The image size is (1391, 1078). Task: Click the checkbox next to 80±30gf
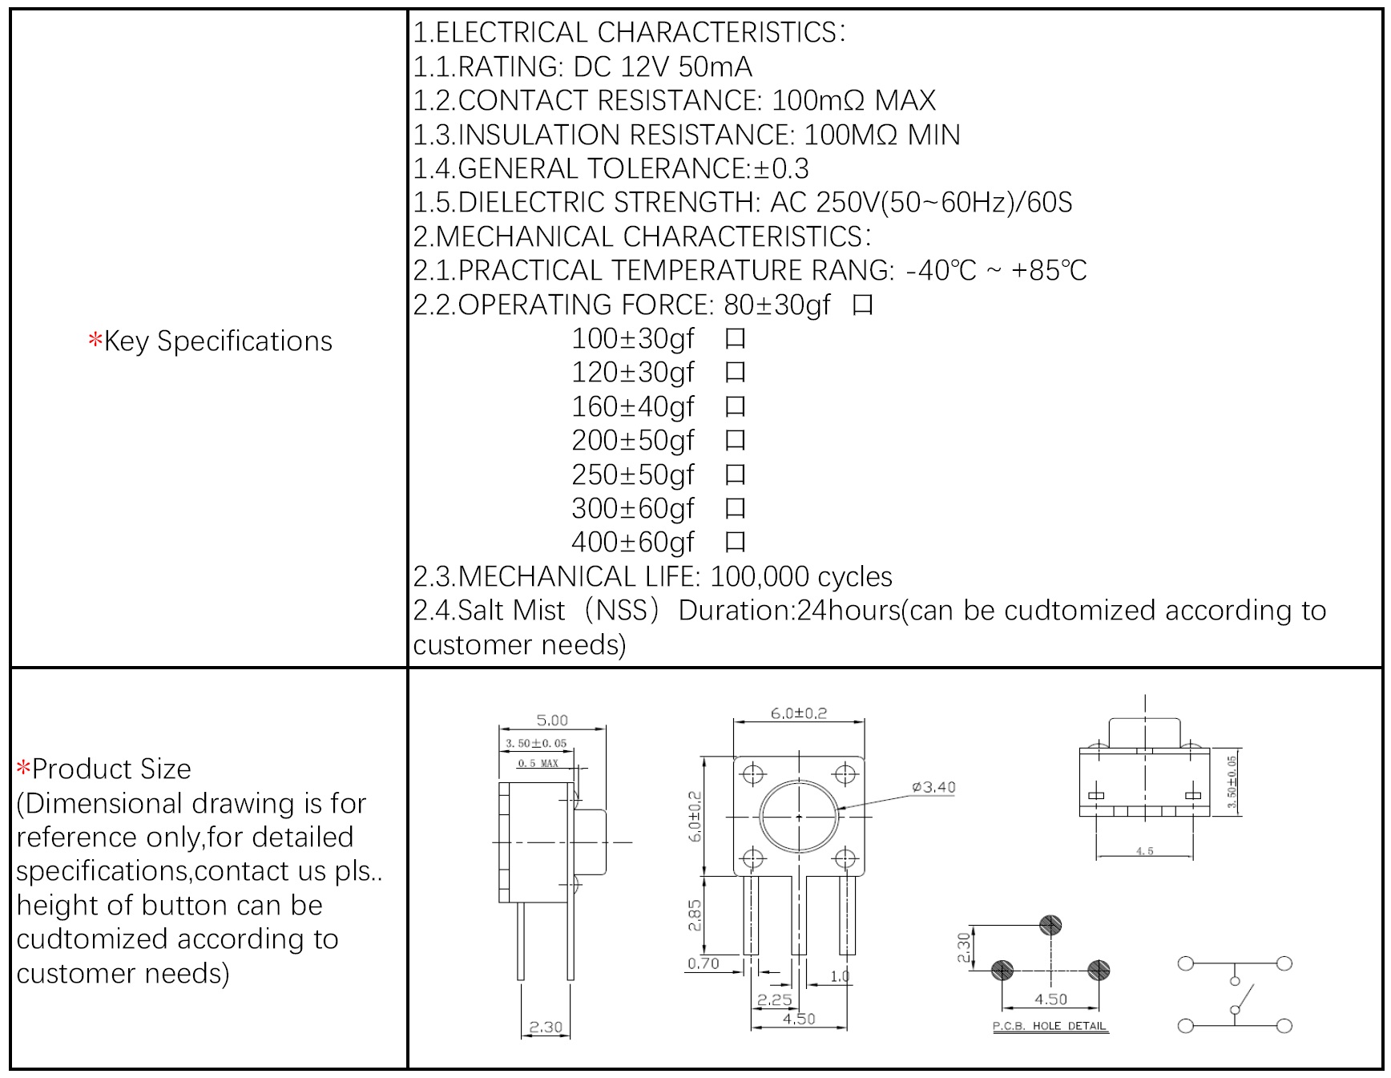(862, 305)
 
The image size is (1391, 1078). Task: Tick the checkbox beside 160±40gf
(735, 407)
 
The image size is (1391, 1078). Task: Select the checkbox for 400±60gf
(735, 543)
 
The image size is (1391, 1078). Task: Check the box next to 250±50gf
(735, 475)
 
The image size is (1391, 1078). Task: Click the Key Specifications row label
(210, 341)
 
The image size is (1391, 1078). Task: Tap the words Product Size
(111, 769)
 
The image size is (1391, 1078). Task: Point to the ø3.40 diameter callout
(933, 787)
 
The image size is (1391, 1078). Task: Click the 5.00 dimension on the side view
(552, 720)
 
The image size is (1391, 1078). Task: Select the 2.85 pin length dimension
(695, 914)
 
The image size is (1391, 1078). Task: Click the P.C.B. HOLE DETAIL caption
(1050, 1026)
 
